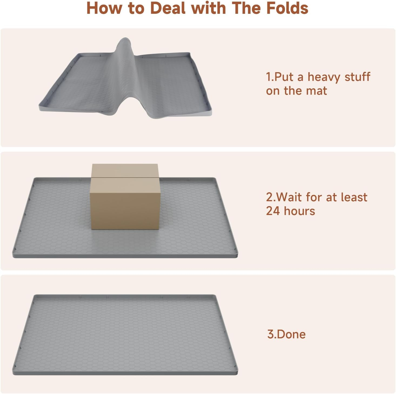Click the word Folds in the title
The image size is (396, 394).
(287, 8)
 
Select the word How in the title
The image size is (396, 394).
(104, 8)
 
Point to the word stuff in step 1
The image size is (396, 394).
(357, 77)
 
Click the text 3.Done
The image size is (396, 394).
(286, 334)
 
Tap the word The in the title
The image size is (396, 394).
(246, 8)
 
